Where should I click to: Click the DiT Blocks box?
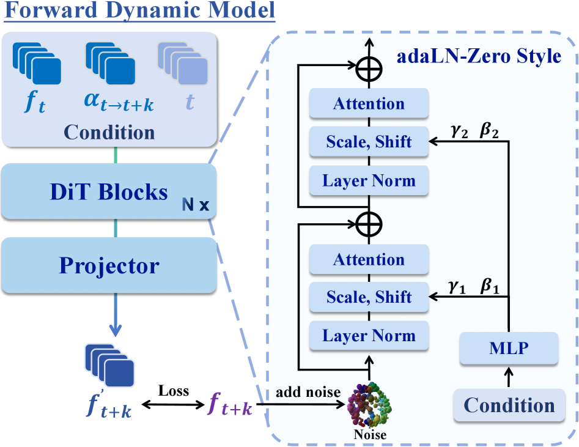[x=109, y=192]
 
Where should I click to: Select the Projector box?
[x=109, y=266]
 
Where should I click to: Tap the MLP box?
[x=509, y=348]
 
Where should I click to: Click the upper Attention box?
[x=369, y=104]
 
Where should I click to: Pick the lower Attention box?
[x=369, y=260]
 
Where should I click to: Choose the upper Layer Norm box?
[x=369, y=180]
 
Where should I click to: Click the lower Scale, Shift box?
[x=369, y=298]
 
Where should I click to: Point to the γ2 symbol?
[x=458, y=133]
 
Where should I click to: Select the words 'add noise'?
[x=308, y=392]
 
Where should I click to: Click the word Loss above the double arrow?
[x=173, y=390]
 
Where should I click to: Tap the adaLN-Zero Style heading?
[x=479, y=56]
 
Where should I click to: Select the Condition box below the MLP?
[x=509, y=405]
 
